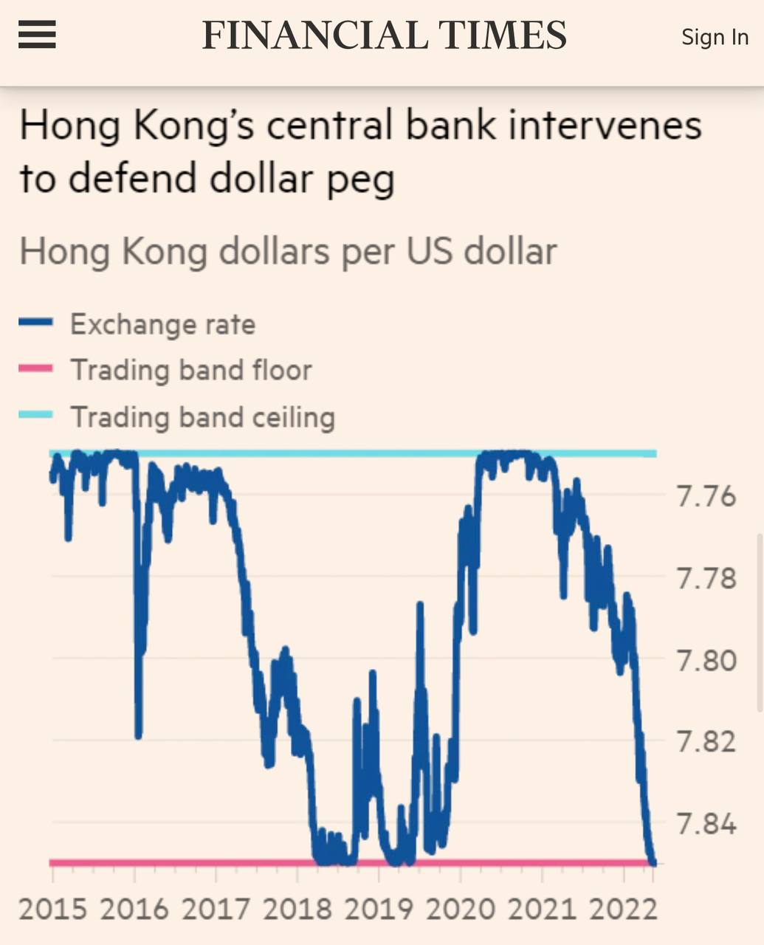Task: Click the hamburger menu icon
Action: tap(37, 35)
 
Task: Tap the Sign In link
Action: tap(715, 37)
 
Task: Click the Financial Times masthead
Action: tap(384, 35)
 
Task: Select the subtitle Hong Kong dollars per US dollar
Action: tap(288, 252)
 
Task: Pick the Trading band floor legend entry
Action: tap(190, 370)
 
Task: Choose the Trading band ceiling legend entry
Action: tap(202, 417)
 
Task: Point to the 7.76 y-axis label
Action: tap(706, 496)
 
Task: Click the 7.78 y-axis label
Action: tap(706, 578)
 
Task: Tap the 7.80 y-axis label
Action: tap(706, 659)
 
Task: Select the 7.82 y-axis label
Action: tap(706, 741)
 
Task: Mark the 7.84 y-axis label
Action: tap(706, 823)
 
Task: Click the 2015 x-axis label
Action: tap(52, 909)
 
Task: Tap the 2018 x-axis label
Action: tap(297, 909)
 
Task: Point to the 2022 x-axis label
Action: tap(624, 909)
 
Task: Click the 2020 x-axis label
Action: tap(461, 909)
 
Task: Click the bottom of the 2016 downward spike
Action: tap(138, 735)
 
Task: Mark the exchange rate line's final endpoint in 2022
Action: tap(653, 862)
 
